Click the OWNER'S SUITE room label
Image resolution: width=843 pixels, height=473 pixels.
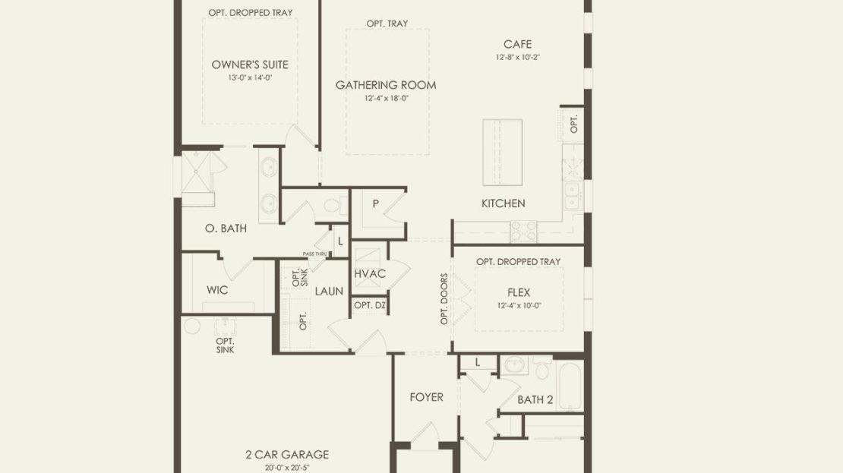pyautogui.click(x=250, y=65)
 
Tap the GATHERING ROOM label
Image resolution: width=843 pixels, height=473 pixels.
pyautogui.click(x=386, y=85)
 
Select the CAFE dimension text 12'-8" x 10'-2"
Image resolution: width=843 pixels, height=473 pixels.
pyautogui.click(x=518, y=57)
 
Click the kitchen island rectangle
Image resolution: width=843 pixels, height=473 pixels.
pyautogui.click(x=502, y=152)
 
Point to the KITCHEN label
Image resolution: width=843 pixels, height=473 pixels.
pyautogui.click(x=504, y=203)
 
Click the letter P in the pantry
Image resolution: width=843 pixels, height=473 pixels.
pyautogui.click(x=376, y=203)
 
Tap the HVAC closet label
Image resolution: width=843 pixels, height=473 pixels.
pyautogui.click(x=370, y=273)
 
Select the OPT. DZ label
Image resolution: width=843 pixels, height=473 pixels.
pyautogui.click(x=370, y=305)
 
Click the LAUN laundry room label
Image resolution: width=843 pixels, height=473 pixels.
pyautogui.click(x=329, y=292)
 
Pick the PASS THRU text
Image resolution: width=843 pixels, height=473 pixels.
pyautogui.click(x=314, y=254)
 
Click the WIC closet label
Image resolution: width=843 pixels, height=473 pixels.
pyautogui.click(x=217, y=290)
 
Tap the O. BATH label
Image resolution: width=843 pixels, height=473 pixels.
pyautogui.click(x=226, y=229)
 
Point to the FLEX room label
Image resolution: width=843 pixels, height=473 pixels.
pyautogui.click(x=519, y=292)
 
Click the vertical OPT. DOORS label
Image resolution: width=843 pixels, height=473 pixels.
pyautogui.click(x=444, y=299)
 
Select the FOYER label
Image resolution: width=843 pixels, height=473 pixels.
pyautogui.click(x=426, y=397)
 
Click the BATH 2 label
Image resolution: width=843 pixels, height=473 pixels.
pyautogui.click(x=535, y=400)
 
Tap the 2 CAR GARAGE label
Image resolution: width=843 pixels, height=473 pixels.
pyautogui.click(x=287, y=455)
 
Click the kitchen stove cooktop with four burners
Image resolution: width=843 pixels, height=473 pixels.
pyautogui.click(x=524, y=232)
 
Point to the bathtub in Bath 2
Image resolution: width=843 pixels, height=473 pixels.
pyautogui.click(x=570, y=386)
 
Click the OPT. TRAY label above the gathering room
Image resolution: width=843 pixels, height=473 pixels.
pyautogui.click(x=387, y=24)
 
